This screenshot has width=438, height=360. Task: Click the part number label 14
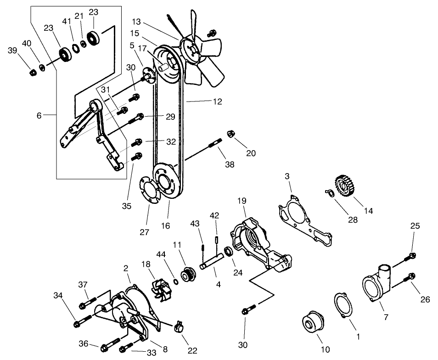tap(368, 211)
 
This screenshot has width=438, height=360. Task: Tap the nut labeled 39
tap(33, 73)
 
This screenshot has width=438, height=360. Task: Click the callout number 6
tap(39, 116)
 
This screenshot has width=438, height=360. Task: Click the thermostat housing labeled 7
tap(376, 287)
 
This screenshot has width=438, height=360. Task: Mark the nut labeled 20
tap(231, 134)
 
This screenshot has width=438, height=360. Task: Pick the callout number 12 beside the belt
tap(217, 101)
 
